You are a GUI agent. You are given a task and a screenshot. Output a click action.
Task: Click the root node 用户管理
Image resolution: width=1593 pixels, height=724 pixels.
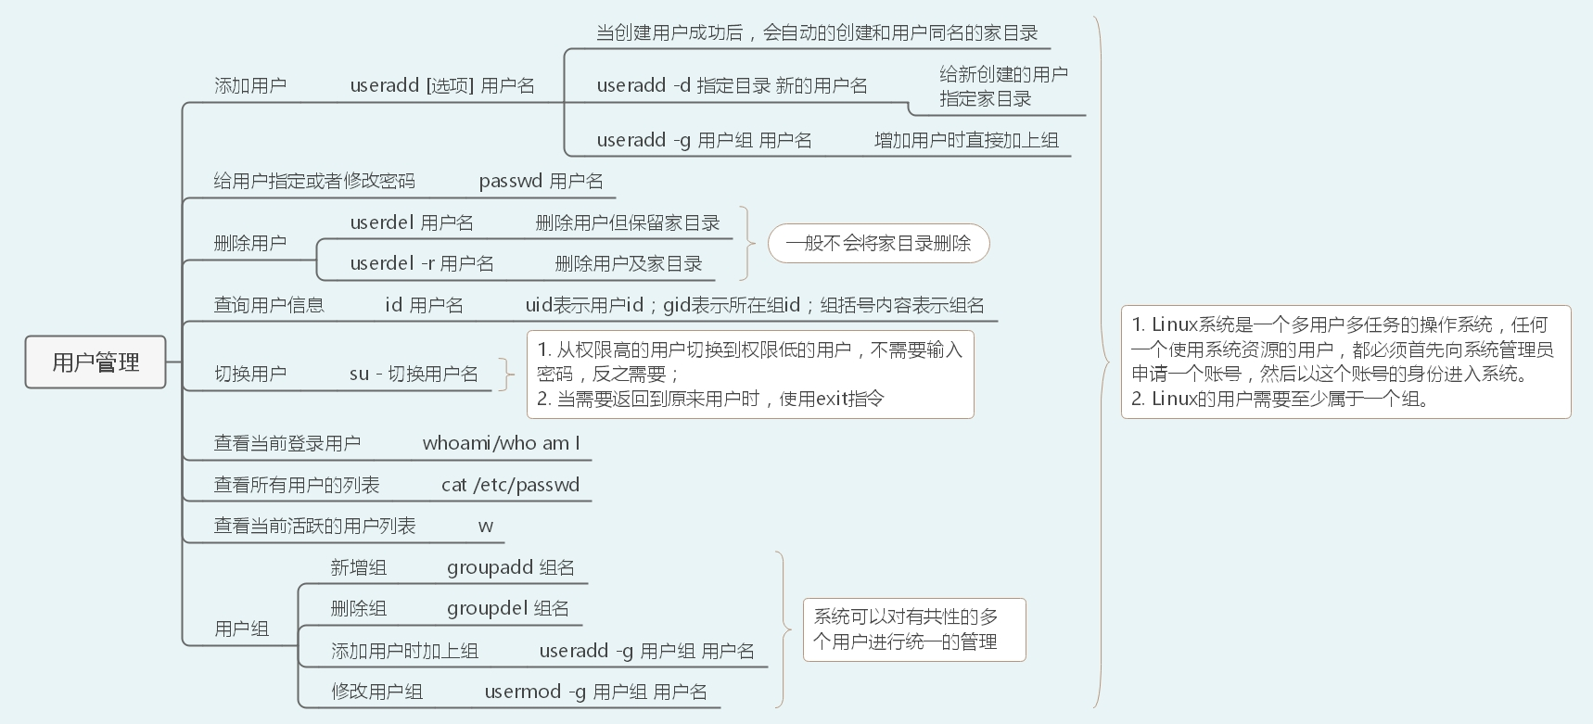tap(96, 362)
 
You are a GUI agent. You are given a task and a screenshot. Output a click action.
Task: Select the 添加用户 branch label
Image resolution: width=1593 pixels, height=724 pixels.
tap(250, 85)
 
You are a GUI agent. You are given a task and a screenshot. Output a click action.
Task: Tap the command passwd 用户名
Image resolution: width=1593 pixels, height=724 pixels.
tap(541, 181)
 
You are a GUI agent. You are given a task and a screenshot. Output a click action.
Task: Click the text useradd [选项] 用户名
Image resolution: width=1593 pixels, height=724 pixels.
tap(442, 85)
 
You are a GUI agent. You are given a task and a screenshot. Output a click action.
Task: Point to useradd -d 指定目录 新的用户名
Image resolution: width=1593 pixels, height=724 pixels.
tap(732, 85)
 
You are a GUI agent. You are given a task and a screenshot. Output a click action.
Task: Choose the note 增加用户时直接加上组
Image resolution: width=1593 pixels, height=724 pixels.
tap(966, 140)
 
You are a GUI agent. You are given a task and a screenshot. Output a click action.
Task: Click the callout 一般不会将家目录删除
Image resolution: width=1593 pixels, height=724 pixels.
tap(878, 243)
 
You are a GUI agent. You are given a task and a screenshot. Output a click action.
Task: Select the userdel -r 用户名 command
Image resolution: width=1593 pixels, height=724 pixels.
tap(422, 263)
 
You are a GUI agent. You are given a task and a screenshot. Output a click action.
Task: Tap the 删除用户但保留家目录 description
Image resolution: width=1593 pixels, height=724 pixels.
tap(628, 222)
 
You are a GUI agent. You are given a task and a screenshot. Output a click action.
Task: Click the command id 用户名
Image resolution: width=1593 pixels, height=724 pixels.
tap(424, 305)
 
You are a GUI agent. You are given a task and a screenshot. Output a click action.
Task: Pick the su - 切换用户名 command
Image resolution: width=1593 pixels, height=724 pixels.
tap(414, 374)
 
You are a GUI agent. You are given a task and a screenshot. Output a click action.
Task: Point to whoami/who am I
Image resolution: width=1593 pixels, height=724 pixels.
tap(501, 443)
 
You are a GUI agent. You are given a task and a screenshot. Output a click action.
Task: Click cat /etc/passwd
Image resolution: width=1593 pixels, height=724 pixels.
tap(510, 485)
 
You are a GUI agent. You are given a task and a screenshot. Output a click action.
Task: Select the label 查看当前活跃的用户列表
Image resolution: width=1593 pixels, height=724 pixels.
tap(314, 526)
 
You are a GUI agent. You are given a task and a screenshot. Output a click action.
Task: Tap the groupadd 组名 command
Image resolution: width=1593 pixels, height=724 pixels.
tap(510, 567)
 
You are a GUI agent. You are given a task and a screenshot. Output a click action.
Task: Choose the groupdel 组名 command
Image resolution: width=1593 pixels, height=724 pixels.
tap(507, 608)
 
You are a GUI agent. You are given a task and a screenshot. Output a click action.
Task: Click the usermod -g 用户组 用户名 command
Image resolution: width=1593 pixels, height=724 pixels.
tap(595, 692)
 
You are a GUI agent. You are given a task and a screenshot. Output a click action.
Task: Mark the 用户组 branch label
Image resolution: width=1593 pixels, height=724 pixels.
tap(241, 629)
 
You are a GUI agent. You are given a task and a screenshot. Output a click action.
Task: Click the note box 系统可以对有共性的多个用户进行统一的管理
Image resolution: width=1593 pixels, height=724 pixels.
tap(913, 629)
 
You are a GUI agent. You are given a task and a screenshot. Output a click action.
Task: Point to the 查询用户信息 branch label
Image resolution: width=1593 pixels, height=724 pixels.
tap(269, 305)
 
